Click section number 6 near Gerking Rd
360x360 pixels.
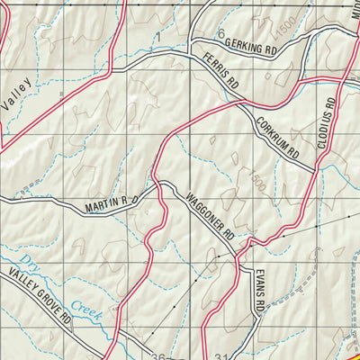coord(220,33)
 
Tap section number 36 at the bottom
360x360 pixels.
coord(157,354)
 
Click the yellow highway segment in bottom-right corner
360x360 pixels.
coord(350,346)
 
